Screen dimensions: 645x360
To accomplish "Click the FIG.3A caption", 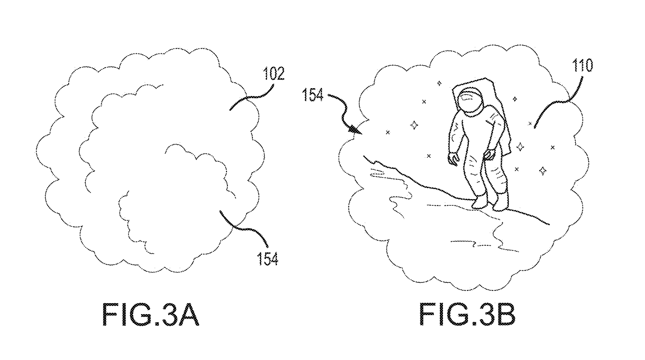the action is [x=151, y=314].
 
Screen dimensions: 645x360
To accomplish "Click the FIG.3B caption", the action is [x=467, y=314].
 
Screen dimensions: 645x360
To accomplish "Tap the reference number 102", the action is [x=274, y=73].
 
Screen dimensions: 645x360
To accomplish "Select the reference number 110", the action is [x=582, y=65].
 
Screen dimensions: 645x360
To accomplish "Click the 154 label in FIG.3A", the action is [x=268, y=258].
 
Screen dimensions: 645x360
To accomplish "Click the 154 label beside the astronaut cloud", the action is [x=312, y=95].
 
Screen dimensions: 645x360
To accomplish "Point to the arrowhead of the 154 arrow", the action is [x=356, y=130].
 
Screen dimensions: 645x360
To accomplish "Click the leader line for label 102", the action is [x=252, y=97].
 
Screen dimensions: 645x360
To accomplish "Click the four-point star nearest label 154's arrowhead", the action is [x=414, y=125].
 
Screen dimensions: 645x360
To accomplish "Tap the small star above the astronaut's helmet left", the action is [x=439, y=84].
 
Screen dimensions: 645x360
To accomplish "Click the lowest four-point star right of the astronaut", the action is [x=543, y=171].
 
